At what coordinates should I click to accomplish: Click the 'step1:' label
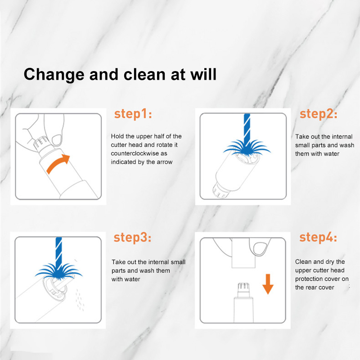click(x=133, y=114)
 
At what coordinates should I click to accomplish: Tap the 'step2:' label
click(x=319, y=114)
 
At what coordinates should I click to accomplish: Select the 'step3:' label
click(x=132, y=238)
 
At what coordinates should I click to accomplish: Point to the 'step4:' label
click(x=318, y=237)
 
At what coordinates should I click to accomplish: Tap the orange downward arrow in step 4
click(x=268, y=284)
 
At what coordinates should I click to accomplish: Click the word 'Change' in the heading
click(x=54, y=75)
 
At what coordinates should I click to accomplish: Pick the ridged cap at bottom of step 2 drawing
click(x=220, y=191)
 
